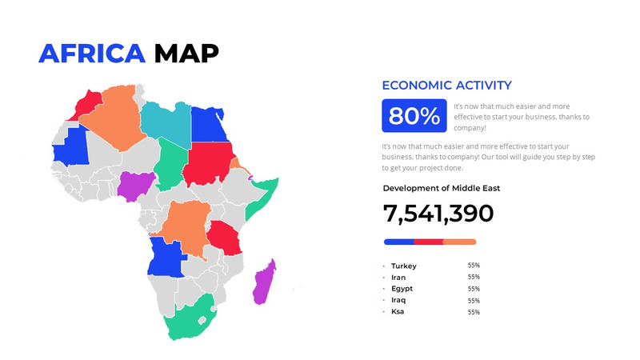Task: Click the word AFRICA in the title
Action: [92, 53]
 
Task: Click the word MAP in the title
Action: [186, 53]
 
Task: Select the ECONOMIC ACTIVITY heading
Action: [446, 86]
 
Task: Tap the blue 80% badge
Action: [414, 116]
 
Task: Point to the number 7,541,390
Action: [438, 214]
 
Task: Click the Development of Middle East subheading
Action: [442, 188]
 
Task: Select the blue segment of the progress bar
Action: [398, 242]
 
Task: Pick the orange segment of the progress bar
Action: [460, 242]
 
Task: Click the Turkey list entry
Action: [404, 266]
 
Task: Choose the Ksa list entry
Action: [398, 311]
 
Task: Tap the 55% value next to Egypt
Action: [474, 289]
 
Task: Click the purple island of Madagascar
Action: [263, 282]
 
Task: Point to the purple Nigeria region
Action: [132, 185]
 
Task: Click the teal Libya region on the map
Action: [166, 120]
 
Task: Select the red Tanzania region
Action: [225, 238]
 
